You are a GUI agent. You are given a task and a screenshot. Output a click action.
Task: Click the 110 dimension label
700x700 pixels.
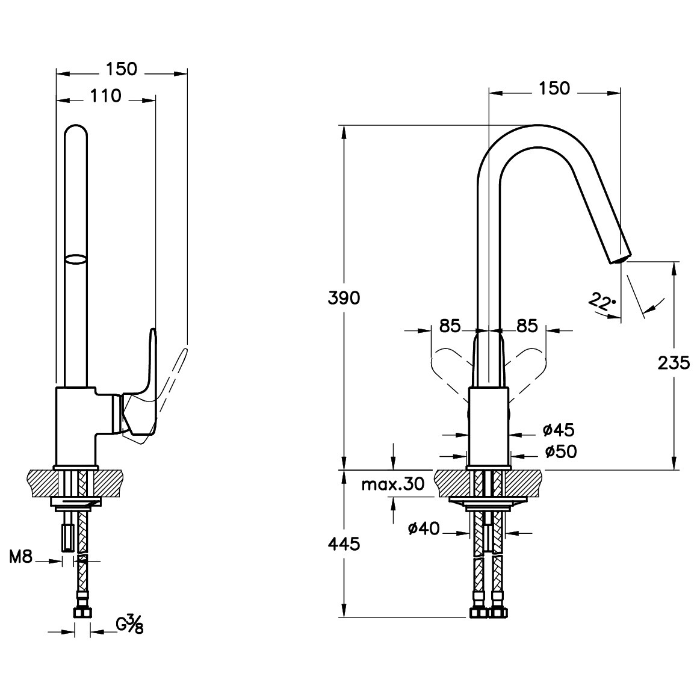(106, 96)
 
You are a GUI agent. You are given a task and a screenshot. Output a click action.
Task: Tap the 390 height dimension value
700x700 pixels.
(344, 298)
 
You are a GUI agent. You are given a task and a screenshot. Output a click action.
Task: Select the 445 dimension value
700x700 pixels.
(344, 544)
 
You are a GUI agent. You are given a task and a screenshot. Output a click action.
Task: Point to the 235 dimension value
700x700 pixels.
(674, 364)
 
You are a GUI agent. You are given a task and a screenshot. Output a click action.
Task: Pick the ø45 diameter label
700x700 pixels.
(559, 430)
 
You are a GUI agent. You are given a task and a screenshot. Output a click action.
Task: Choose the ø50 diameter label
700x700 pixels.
(561, 452)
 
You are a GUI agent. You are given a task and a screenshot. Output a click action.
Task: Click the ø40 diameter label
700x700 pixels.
(424, 529)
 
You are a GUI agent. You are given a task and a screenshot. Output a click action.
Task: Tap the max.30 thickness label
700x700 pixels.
(393, 485)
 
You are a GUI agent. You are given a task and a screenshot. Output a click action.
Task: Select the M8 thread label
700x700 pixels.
(21, 557)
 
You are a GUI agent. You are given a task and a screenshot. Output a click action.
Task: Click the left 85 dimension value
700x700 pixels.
(450, 326)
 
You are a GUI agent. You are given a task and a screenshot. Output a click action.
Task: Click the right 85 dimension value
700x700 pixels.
(527, 326)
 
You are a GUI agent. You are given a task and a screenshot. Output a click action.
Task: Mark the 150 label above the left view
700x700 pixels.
(122, 69)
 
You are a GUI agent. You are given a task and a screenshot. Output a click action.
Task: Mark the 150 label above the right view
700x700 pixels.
(554, 88)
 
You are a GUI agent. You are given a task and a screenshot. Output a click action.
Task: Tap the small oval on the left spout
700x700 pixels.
(75, 260)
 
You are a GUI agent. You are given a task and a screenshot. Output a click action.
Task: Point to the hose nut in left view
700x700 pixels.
(82, 611)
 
